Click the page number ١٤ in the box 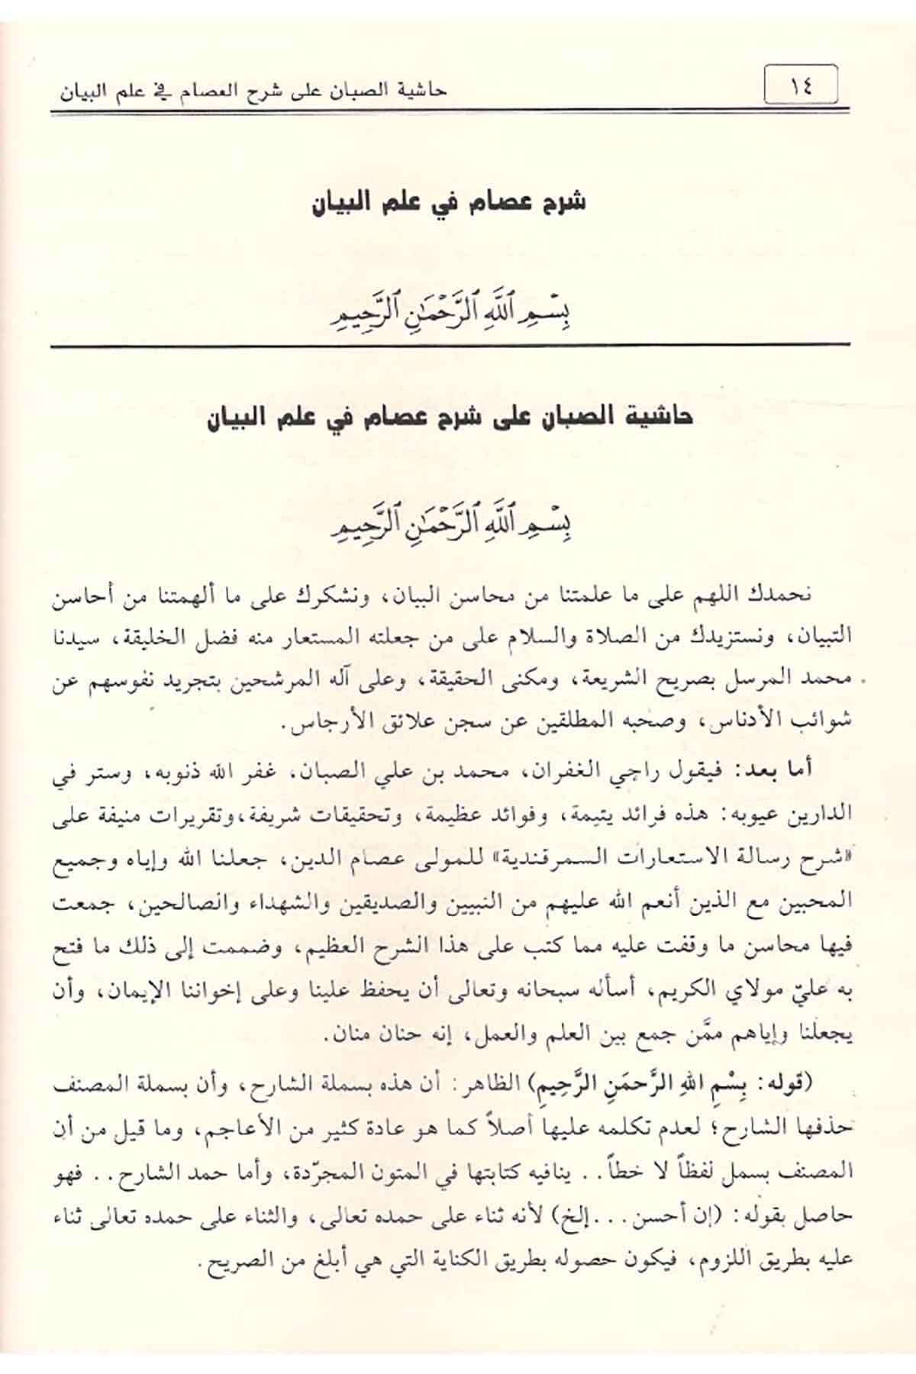(801, 86)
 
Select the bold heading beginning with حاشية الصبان (449, 418)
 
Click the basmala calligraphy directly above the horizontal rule (448, 315)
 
